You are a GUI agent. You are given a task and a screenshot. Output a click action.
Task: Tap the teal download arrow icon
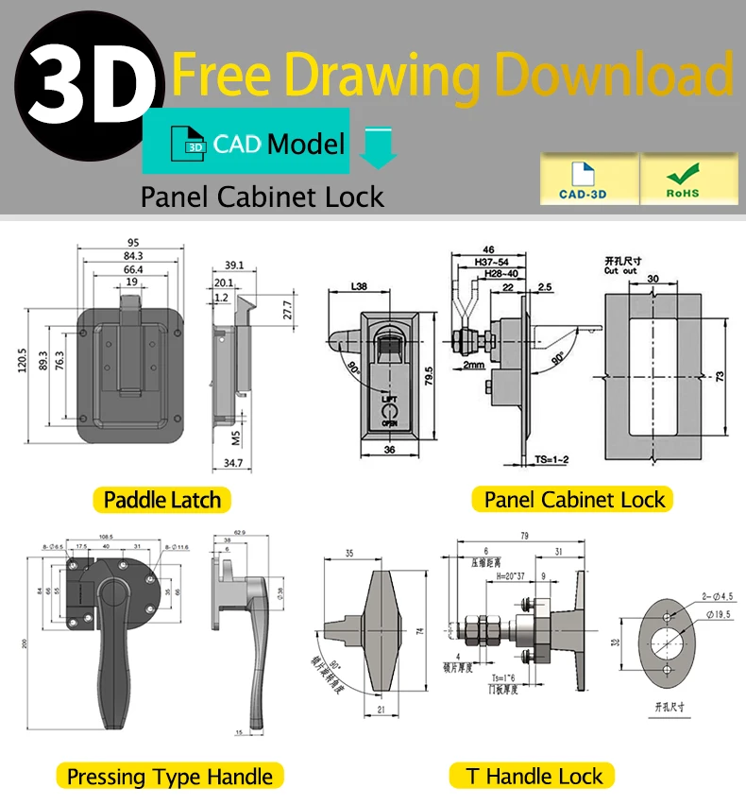point(379,147)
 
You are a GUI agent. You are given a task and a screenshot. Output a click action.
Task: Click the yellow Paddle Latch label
point(161,500)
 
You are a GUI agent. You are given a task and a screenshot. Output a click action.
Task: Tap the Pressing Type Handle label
point(170,777)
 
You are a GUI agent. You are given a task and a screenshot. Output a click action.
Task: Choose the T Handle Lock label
point(534,777)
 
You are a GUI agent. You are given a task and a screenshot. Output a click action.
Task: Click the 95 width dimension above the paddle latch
point(133,242)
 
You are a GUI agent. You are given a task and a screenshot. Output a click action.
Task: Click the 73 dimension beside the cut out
point(720,375)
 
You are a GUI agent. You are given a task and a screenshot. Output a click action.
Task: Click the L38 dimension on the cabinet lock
point(359,285)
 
